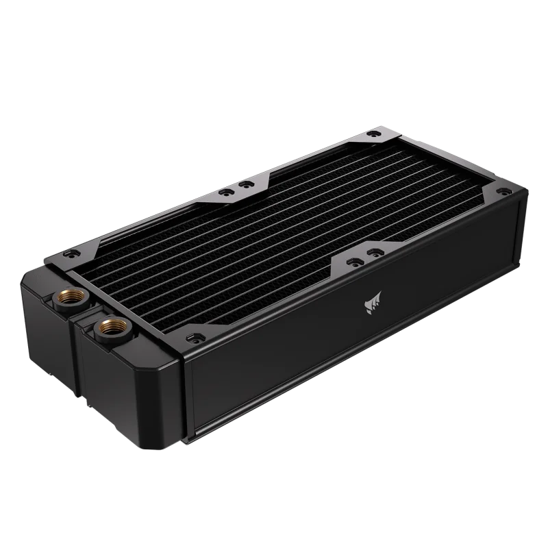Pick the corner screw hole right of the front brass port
[192, 337]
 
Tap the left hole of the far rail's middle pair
[224, 189]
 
